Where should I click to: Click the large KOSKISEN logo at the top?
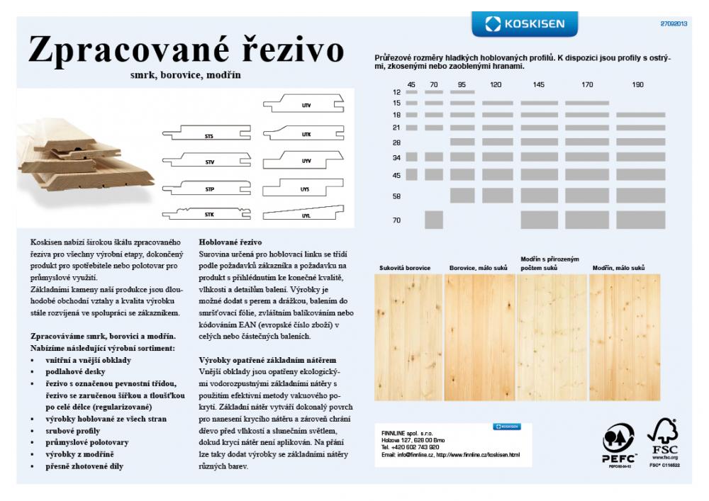pos(525,24)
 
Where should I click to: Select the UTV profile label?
pos(306,106)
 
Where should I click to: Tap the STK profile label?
pos(209,213)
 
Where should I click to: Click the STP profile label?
pos(209,190)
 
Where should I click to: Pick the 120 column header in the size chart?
pos(496,85)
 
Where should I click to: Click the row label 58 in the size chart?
pos(396,196)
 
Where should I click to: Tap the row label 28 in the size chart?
pos(396,142)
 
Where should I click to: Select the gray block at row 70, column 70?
pos(434,220)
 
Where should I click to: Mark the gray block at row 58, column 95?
pos(462,195)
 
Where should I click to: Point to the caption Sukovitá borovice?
pos(405,268)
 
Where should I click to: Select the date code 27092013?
pos(674,23)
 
